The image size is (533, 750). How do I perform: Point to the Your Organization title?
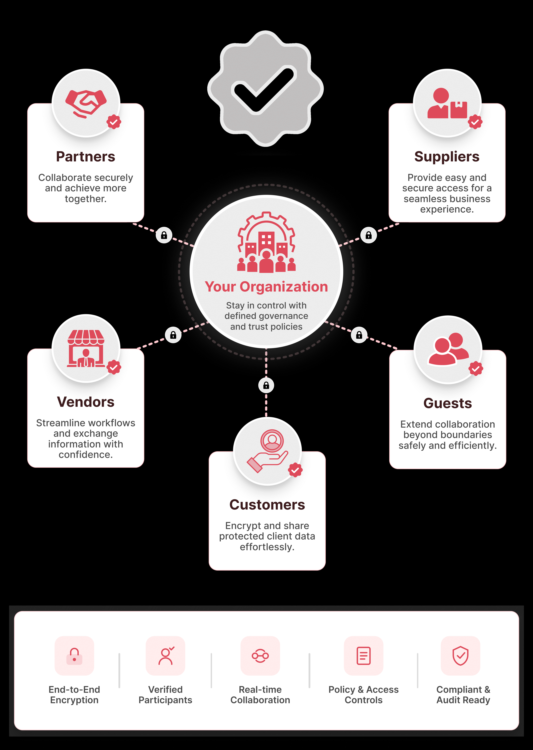tap(266, 287)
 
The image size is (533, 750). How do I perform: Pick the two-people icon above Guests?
tap(448, 349)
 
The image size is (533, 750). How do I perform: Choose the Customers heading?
tap(267, 505)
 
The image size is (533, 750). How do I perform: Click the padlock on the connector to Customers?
tap(266, 385)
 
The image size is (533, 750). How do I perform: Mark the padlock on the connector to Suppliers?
tap(369, 235)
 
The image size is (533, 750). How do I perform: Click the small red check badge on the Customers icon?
tap(295, 470)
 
